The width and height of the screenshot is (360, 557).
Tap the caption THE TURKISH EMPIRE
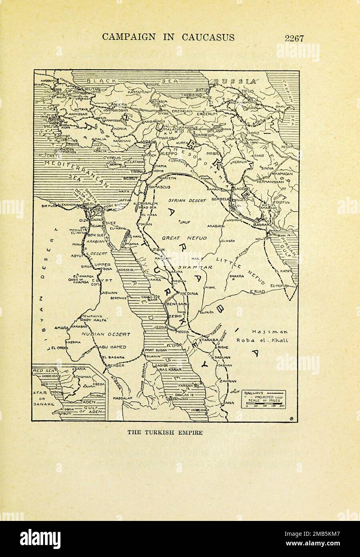pyautogui.click(x=165, y=433)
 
